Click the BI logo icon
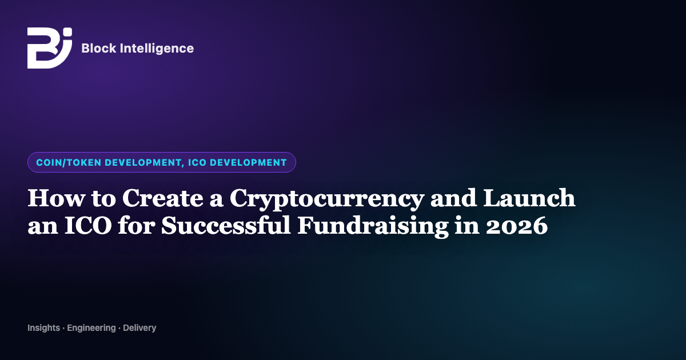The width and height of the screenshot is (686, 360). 50,48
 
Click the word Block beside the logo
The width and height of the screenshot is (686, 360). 99,49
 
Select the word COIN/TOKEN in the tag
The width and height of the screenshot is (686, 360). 69,162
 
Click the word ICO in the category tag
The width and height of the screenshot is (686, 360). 197,162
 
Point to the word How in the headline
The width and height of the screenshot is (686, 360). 57,198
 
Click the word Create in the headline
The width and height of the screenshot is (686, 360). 162,198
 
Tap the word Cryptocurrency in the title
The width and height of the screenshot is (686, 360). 327,199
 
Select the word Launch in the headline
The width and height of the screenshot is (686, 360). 529,198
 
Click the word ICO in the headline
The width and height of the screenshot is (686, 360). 88,225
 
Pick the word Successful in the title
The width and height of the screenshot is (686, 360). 226,225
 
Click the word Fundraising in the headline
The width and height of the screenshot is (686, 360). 373,226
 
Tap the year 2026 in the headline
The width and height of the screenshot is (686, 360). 517,226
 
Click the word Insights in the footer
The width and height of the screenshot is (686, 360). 44,328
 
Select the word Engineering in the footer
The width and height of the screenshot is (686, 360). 91,328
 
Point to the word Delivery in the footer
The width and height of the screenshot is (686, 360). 139,328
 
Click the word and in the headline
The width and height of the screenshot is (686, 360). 453,198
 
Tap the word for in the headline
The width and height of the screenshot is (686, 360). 136,225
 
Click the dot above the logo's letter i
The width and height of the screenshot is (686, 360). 68,32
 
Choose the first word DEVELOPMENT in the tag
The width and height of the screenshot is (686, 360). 143,162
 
